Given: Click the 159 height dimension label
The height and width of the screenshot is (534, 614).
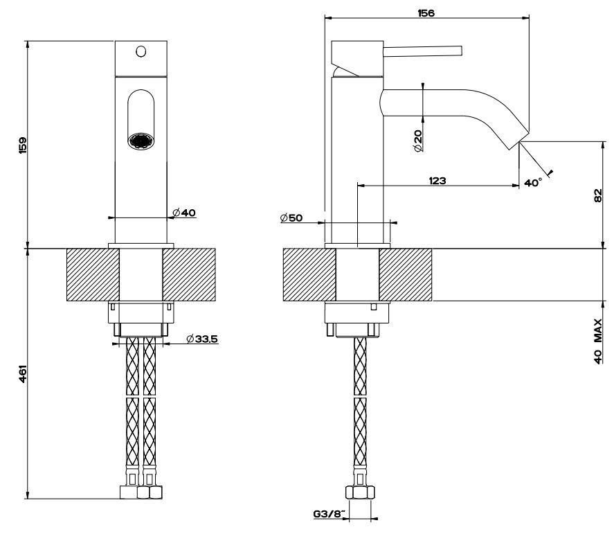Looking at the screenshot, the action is (23, 145).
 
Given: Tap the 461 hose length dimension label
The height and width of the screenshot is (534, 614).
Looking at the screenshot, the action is (23, 374).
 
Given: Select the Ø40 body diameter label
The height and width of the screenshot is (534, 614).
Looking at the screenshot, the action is (184, 213).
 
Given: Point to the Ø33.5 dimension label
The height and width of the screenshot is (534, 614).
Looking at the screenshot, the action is (202, 339).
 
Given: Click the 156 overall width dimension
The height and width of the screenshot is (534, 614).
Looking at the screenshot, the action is (426, 13).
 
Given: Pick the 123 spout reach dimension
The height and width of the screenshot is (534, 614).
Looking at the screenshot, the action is (437, 181).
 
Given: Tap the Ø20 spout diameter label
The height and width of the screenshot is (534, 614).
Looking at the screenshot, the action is (418, 141).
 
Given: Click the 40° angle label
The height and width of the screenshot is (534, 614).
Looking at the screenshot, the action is (533, 183).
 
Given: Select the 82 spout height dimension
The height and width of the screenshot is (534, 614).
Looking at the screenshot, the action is (597, 195).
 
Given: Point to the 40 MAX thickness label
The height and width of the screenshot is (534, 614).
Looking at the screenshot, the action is (598, 341).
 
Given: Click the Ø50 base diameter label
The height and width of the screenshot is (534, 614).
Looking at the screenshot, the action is (291, 218).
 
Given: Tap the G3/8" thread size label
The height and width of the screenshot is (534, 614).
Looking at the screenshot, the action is (329, 514).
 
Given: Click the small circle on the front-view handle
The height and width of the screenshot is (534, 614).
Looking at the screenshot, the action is (141, 51).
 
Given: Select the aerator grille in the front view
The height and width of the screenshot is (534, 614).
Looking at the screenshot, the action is (141, 141).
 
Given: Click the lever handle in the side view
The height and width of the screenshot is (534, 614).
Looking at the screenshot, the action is (422, 51).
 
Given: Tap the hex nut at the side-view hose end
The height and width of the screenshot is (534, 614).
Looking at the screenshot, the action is (360, 492).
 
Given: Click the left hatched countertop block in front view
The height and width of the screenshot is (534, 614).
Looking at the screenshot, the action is (93, 275).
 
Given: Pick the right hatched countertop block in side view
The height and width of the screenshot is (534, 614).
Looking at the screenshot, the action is (405, 275).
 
